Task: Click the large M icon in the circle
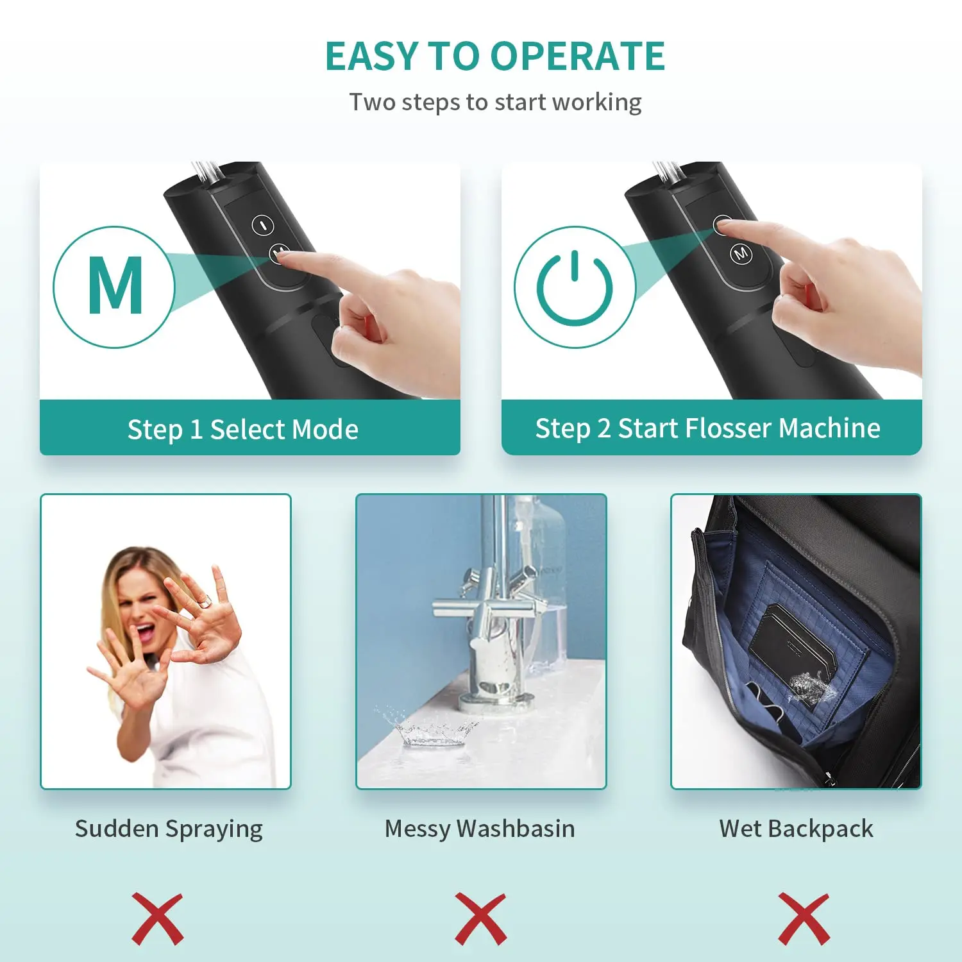click(x=115, y=286)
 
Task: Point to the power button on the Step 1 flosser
click(x=263, y=225)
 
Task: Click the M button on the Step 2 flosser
click(x=741, y=254)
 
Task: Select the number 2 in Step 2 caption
click(x=603, y=428)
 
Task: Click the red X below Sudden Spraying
click(x=158, y=918)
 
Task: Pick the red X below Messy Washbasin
click(x=480, y=918)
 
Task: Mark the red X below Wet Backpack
click(x=804, y=918)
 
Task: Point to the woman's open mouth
click(x=146, y=632)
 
